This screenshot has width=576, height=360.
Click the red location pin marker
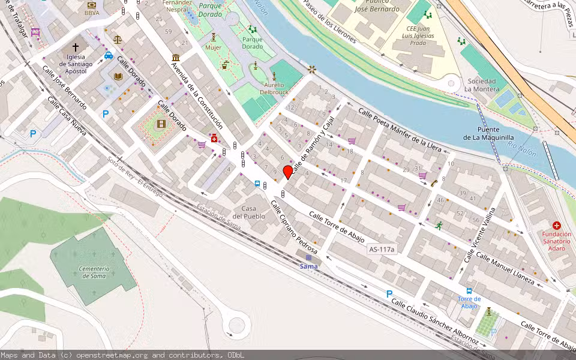click(288, 172)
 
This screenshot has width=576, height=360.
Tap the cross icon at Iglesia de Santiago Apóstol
click(76, 47)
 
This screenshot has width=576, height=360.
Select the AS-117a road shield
click(383, 249)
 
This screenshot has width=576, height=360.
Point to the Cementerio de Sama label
click(94, 272)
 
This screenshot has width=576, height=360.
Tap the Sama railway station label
click(308, 266)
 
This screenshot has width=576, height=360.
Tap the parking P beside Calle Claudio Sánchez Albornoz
click(389, 294)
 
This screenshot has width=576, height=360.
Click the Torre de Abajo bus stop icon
click(469, 290)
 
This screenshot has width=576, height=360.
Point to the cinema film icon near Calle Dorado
click(161, 124)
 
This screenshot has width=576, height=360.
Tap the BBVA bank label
click(92, 13)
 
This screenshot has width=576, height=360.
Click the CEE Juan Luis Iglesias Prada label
click(418, 35)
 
